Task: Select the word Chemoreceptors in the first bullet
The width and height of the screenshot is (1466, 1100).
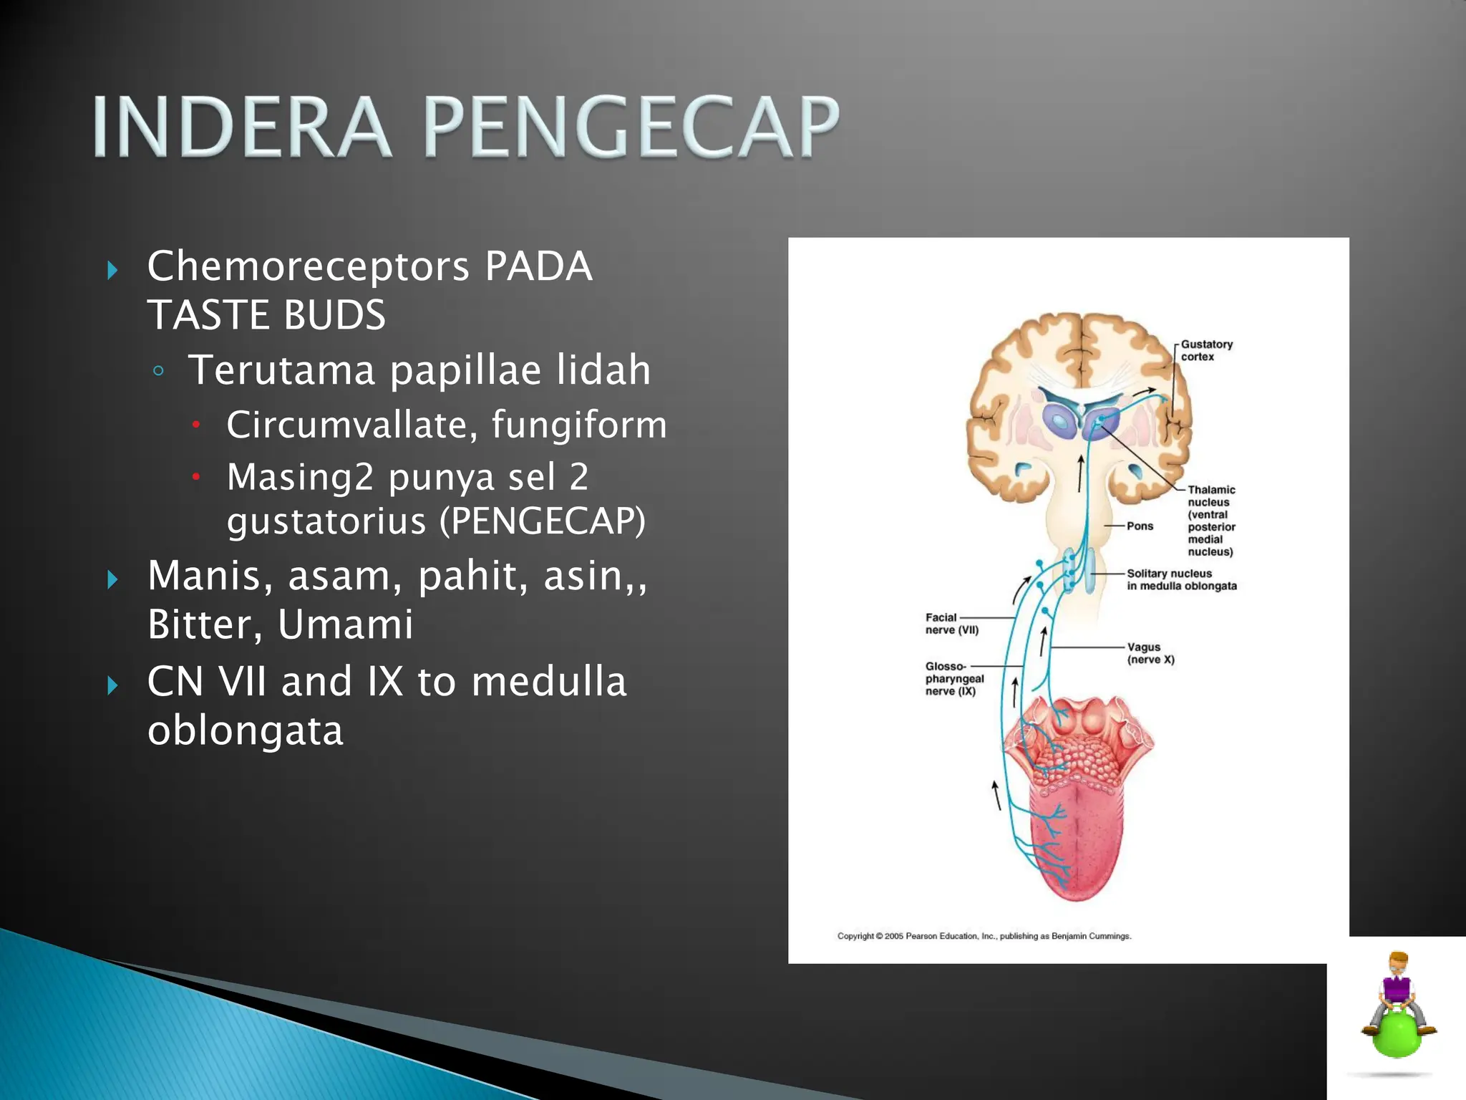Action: click(308, 266)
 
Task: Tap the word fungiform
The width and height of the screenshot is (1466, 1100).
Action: click(579, 424)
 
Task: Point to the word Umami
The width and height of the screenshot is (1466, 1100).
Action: click(345, 624)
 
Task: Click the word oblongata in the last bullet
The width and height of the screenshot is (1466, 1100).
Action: click(245, 730)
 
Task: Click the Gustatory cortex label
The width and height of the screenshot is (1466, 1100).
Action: click(1206, 350)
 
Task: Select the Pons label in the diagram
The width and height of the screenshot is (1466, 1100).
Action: click(1140, 526)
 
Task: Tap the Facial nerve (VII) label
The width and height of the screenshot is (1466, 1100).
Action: click(951, 623)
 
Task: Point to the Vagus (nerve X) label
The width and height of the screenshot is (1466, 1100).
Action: click(1150, 653)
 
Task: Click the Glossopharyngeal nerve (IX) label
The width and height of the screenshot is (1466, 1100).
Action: click(953, 678)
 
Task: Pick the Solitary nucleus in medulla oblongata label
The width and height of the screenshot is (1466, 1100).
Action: click(1181, 579)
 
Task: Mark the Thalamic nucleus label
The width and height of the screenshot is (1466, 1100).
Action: click(1211, 520)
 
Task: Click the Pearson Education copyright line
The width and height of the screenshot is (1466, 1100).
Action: click(984, 936)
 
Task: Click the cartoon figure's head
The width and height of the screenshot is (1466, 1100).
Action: click(1398, 962)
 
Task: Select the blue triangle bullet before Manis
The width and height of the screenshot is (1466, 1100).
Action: click(112, 579)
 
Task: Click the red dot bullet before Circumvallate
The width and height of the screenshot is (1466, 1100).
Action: click(195, 425)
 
